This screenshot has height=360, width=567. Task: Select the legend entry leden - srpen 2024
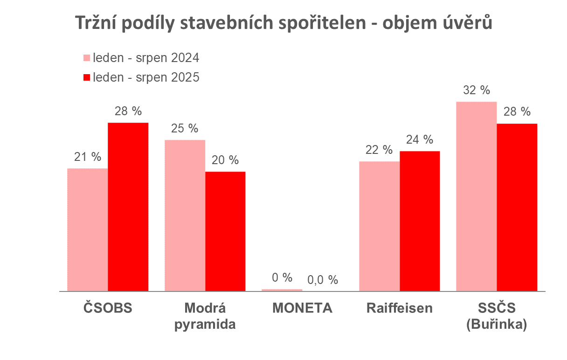(141, 58)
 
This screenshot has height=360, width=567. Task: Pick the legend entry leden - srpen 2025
(141, 77)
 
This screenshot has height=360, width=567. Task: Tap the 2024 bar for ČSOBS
(88, 229)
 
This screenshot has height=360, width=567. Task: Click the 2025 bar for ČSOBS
(128, 207)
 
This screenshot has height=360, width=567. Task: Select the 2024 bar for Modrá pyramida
(185, 215)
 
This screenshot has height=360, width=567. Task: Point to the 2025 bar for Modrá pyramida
(225, 231)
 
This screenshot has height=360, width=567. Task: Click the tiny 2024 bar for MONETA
(282, 290)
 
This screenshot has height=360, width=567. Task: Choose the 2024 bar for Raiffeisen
(380, 226)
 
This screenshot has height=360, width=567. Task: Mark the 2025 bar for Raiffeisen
(420, 221)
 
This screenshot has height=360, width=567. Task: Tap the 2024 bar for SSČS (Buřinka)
(477, 196)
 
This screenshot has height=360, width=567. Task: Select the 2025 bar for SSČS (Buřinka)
(517, 207)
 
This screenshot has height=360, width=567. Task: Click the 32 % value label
(477, 90)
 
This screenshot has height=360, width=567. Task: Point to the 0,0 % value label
(322, 280)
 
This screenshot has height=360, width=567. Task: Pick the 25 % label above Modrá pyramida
(185, 129)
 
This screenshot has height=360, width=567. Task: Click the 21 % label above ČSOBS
(88, 157)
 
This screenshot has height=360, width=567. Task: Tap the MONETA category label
(302, 308)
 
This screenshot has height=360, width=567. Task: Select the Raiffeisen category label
(400, 308)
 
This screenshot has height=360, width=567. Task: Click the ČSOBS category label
(108, 308)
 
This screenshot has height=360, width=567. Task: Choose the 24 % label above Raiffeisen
(420, 139)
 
